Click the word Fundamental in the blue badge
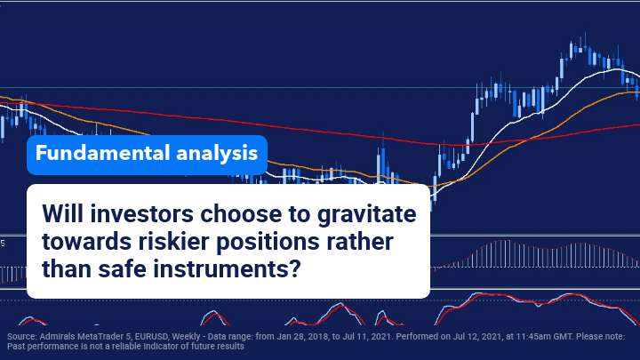(x=102, y=153)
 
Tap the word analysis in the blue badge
(x=217, y=155)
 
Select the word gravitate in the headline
(x=367, y=215)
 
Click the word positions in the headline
(x=268, y=243)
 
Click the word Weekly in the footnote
(x=186, y=337)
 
